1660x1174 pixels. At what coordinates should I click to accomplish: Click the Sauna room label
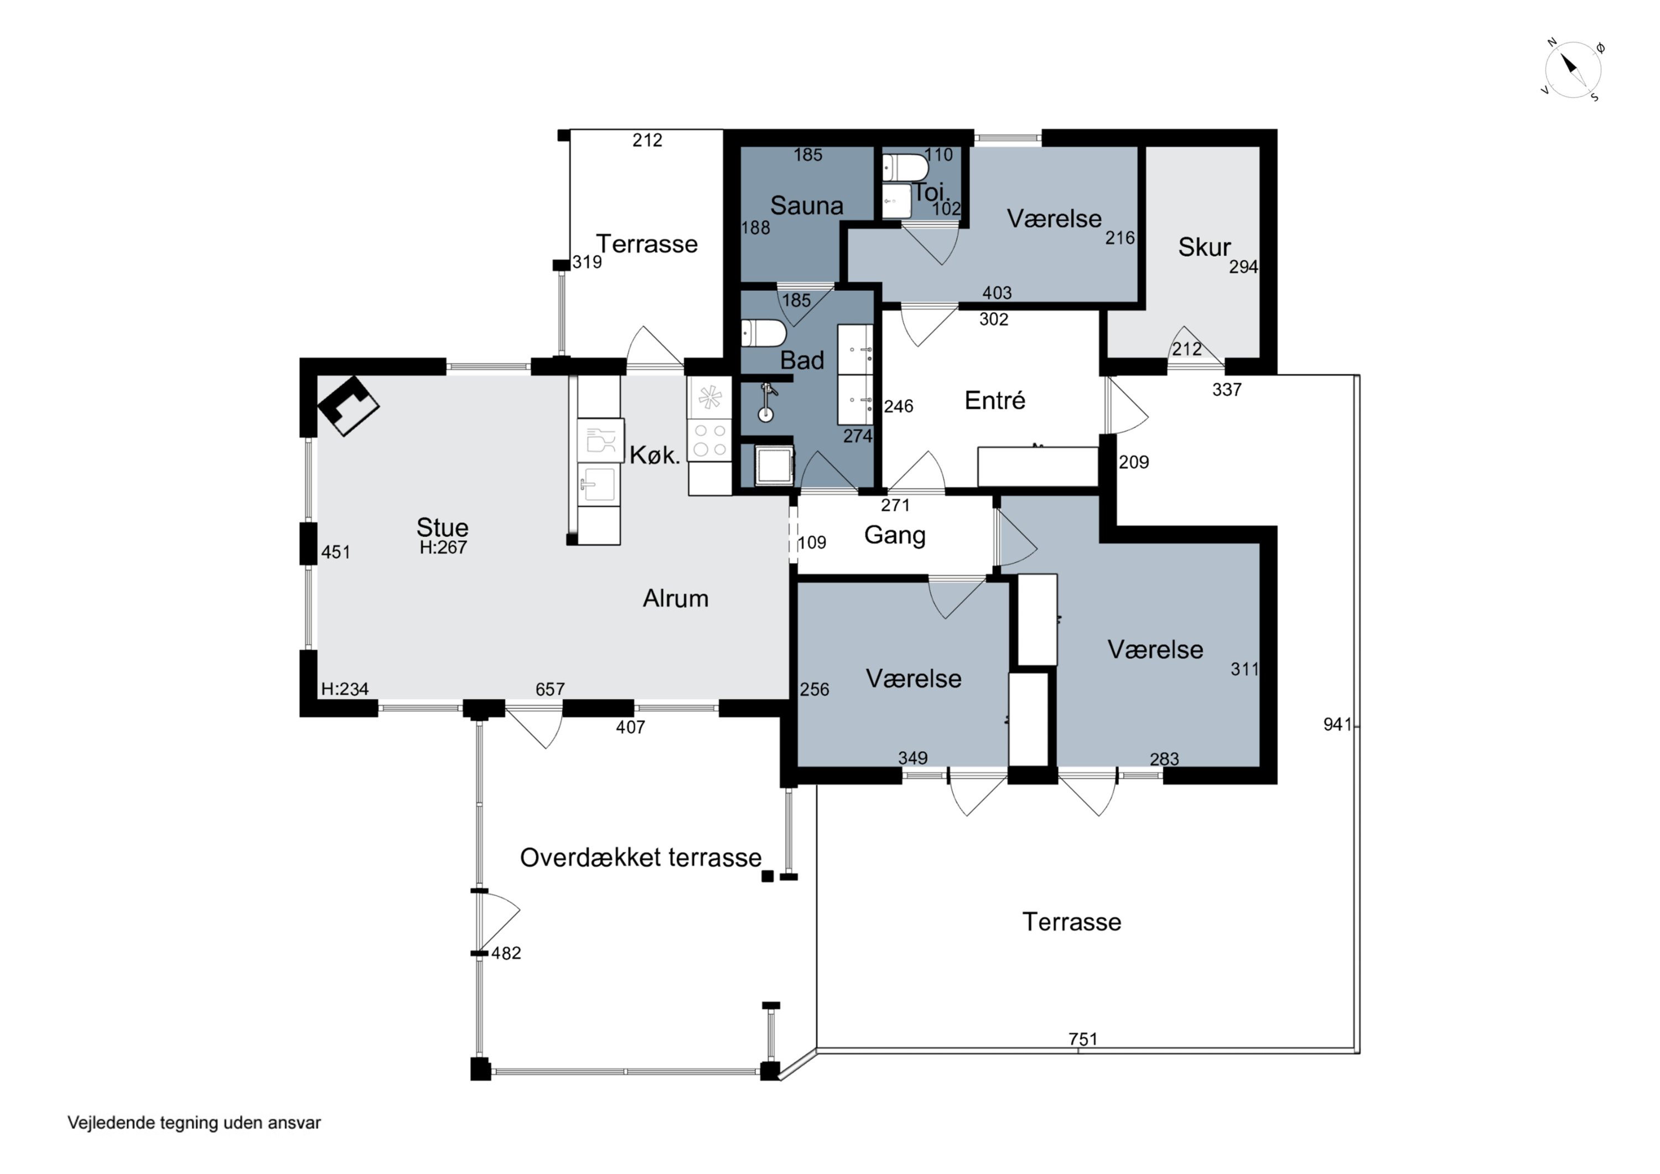pos(807,205)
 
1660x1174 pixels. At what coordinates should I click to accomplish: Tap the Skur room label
pos(1204,247)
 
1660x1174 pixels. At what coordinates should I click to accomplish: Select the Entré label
pos(995,400)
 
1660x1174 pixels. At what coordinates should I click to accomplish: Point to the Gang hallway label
pos(895,535)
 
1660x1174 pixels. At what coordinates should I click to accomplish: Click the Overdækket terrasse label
pos(641,858)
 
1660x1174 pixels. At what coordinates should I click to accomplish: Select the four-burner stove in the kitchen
pos(709,441)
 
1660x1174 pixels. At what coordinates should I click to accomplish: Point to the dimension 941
pos(1337,724)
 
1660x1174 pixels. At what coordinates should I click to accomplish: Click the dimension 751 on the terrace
pos(1083,1039)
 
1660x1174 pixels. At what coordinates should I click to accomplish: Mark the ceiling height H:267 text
pos(443,547)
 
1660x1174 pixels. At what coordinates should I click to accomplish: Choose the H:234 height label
pos(345,689)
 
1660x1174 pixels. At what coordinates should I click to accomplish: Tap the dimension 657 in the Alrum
pos(550,689)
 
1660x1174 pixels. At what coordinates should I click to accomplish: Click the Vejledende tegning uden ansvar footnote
pos(194,1123)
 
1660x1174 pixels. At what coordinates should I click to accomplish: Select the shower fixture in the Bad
pos(766,404)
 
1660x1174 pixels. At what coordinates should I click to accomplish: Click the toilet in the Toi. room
pos(905,168)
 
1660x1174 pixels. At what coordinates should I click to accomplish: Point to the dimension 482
pos(506,953)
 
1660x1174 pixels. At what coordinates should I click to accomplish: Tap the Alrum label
pos(676,599)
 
